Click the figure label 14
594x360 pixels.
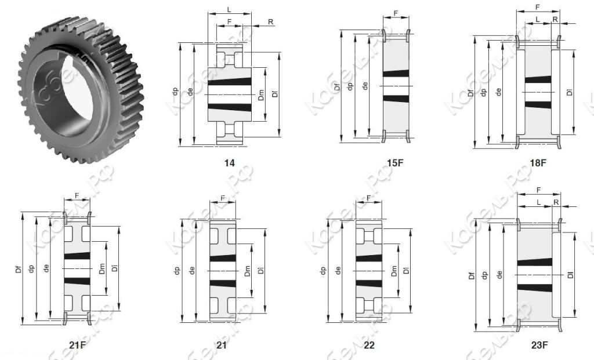[x=229, y=163]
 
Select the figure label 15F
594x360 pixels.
[x=395, y=163]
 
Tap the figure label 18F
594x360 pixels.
[x=538, y=163]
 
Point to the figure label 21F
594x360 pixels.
[x=78, y=345]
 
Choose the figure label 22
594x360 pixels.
[x=369, y=345]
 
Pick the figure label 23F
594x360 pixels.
[x=539, y=346]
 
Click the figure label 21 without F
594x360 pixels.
[x=221, y=345]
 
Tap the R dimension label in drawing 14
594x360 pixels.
[x=270, y=22]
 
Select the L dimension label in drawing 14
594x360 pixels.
[x=229, y=10]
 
